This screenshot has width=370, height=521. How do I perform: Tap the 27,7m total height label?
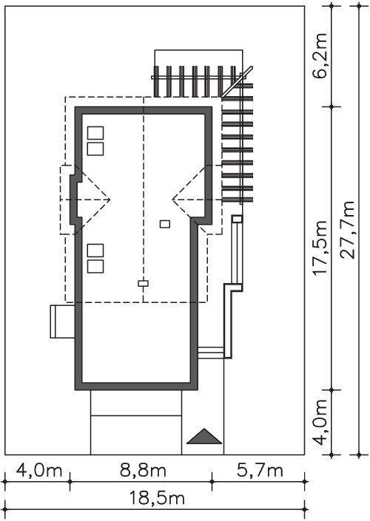[349, 230]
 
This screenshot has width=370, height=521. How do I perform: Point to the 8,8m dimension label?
[142, 471]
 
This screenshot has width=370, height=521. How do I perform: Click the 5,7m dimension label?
[260, 471]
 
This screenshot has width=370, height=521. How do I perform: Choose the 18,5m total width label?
[157, 498]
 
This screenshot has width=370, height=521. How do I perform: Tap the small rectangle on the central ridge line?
[143, 284]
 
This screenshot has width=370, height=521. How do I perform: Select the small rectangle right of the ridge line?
[165, 224]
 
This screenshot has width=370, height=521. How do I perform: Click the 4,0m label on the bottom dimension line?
[39, 471]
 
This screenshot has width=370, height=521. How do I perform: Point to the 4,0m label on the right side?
[321, 422]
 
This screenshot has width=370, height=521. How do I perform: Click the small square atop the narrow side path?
[238, 219]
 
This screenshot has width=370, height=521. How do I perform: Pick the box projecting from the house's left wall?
[62, 321]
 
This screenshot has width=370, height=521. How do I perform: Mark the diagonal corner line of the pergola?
[237, 82]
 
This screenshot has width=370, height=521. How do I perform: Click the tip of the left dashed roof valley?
[110, 200]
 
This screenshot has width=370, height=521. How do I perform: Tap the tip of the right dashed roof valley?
[172, 200]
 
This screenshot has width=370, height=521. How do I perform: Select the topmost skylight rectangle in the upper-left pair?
[95, 133]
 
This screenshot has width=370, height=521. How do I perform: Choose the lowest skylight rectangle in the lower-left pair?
[95, 267]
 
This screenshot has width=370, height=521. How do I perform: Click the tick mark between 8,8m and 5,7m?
[212, 481]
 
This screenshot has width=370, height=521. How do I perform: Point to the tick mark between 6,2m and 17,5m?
[332, 106]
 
